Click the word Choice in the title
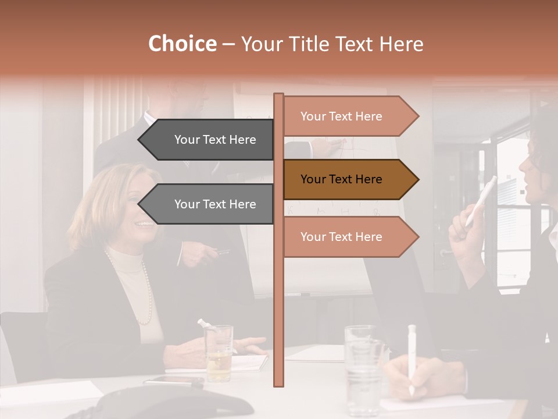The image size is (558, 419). pos(182,44)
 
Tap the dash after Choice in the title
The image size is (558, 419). pos(228,45)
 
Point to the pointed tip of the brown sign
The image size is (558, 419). pos(416,179)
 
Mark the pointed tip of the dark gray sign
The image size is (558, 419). pos(141,140)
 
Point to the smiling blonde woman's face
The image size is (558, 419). pos(142,204)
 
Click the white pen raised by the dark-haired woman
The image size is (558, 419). pos(482,201)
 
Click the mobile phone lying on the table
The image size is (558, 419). pos(174,381)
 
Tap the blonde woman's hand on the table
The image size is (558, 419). pos(247,345)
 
